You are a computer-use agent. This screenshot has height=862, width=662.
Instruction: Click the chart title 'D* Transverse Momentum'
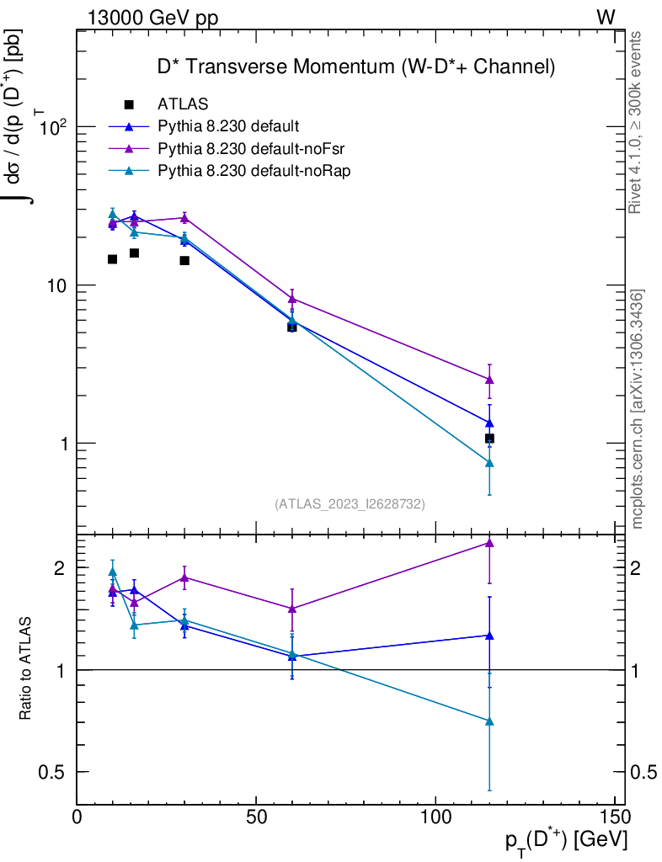356,65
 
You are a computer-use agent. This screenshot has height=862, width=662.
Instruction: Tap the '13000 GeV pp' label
152,19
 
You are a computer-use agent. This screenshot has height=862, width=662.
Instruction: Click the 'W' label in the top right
606,18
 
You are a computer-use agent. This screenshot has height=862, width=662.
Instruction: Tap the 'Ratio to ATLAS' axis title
26,669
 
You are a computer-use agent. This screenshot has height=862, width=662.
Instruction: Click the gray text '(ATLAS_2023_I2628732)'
350,504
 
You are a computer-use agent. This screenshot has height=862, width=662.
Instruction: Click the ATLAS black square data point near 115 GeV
489,439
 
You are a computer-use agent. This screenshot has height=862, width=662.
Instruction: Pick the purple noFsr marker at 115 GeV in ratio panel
489,543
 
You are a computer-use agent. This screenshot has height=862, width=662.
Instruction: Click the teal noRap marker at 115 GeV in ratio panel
489,721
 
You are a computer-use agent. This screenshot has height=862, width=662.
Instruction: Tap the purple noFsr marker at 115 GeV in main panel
489,380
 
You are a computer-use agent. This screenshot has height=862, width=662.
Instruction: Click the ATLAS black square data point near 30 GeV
184,261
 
